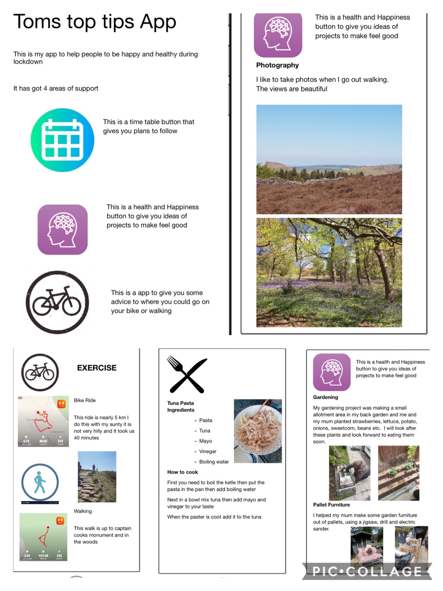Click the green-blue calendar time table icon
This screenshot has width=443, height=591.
tap(62, 140)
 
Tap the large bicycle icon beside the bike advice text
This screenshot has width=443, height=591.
tap(57, 302)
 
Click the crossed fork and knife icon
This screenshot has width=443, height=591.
tap(187, 375)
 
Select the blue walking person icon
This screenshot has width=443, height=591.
tap(40, 482)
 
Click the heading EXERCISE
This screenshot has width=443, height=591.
tap(97, 368)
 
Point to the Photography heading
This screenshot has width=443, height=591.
tap(277, 65)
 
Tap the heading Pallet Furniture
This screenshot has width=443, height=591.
tap(331, 505)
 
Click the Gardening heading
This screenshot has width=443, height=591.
tap(325, 397)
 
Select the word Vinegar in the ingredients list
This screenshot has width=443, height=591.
tap(208, 451)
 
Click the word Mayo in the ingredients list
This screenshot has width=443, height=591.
tap(205, 441)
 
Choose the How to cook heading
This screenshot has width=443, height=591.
tap(182, 472)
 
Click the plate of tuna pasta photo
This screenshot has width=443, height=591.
tap(258, 431)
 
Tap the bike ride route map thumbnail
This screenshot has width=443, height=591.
tap(43, 421)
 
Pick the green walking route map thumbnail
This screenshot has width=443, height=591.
tap(43, 537)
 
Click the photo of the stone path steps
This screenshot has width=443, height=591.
tap(97, 476)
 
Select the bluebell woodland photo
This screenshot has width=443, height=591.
tap(329, 272)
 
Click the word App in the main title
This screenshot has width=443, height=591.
tap(158, 22)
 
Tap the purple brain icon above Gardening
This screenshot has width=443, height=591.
tap(331, 372)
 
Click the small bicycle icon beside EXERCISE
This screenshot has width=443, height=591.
tap(40, 372)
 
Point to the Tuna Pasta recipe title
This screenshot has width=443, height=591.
tap(180, 403)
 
